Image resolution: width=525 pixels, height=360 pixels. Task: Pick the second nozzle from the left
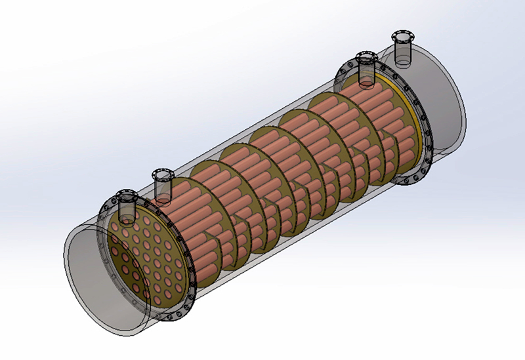point(161,187)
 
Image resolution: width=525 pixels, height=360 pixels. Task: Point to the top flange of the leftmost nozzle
point(126,195)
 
